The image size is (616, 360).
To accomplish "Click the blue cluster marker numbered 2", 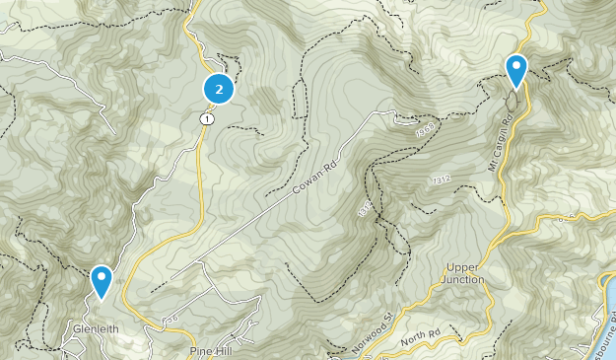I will [x=219, y=89].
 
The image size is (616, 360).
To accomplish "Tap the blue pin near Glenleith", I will [x=101, y=280].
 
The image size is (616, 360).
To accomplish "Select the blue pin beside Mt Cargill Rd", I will [x=515, y=70].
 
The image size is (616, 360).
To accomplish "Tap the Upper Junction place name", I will [x=465, y=273].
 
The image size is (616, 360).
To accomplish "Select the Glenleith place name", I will [x=95, y=329].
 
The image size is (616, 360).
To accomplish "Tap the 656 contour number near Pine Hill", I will [x=171, y=321].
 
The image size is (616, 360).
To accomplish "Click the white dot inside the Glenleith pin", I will [x=101, y=277].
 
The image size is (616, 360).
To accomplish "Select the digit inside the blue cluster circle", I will [x=219, y=89].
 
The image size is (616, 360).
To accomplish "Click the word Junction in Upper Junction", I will [x=465, y=279].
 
